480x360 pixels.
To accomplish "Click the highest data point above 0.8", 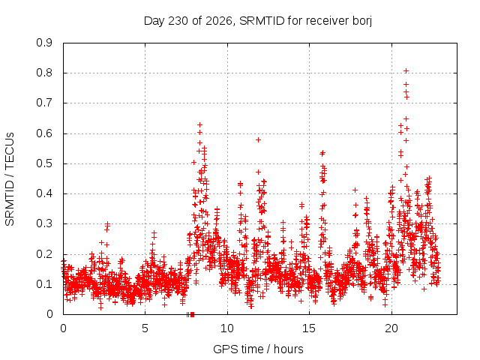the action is [406, 71].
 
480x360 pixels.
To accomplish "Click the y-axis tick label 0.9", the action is [44, 43].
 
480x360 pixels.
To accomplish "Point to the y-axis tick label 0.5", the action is [44, 163].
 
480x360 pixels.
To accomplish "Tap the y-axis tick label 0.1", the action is [44, 284].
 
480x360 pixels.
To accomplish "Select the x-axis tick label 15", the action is [309, 328].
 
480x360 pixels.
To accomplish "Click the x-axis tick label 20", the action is [391, 328].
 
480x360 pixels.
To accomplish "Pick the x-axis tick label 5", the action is [145, 328].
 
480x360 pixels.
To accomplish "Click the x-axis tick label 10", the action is [227, 328].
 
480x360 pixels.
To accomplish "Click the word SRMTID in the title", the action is [262, 21].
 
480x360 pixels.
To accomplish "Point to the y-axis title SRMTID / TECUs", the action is [10, 179].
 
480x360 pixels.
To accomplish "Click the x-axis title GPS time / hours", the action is [258, 349].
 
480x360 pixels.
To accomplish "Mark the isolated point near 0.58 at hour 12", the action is [258, 140].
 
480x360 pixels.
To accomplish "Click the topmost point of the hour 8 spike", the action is [200, 125].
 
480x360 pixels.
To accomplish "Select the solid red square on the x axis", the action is [192, 314].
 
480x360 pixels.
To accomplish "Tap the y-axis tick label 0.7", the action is [44, 103].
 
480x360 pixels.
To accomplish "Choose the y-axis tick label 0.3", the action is [44, 223].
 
